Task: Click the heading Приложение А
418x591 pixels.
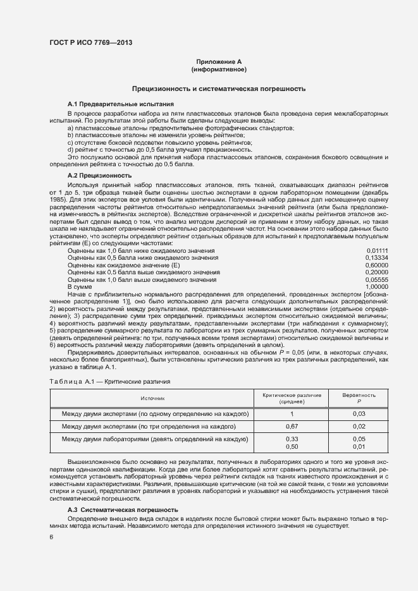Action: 219,61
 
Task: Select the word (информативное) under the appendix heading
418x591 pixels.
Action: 219,68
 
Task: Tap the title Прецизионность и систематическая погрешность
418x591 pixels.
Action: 218,89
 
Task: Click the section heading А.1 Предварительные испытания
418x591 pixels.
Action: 121,104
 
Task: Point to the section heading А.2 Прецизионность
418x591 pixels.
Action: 99,175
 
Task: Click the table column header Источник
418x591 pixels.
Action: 154,398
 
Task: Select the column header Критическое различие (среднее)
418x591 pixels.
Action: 292,398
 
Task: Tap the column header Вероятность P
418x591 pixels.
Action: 359,398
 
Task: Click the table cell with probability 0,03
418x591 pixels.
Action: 359,414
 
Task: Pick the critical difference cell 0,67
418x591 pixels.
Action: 292,427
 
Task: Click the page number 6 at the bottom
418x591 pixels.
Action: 51,537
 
